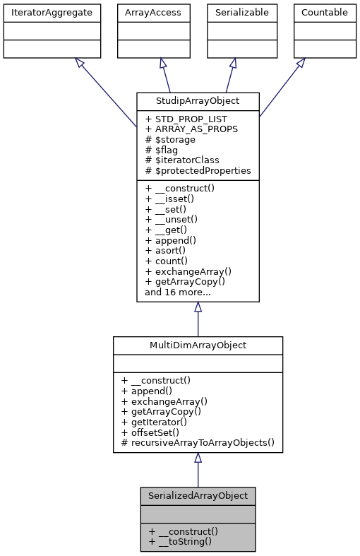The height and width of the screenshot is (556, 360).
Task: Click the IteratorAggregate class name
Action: tap(52, 12)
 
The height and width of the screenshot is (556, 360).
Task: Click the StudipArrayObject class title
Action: tap(198, 101)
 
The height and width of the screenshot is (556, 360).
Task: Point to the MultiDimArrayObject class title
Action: tap(198, 344)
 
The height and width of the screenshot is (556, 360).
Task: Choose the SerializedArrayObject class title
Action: tap(197, 495)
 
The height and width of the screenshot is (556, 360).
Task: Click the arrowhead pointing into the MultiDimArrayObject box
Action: tap(198, 459)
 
